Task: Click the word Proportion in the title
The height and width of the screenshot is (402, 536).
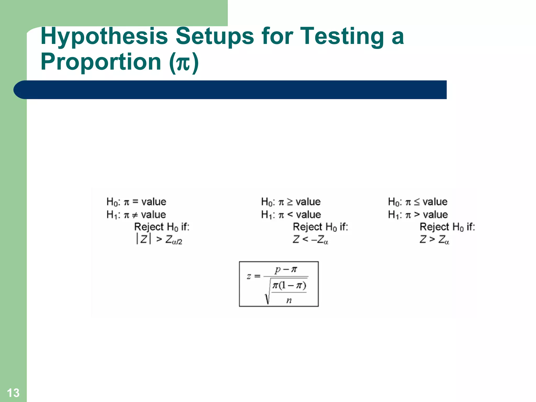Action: coord(101,62)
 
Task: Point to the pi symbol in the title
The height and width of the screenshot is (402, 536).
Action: coord(183,63)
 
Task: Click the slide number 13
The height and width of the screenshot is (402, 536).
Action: coord(13,393)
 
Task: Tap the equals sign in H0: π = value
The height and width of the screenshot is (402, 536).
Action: coord(135,202)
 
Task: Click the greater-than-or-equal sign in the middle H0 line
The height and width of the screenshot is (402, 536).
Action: coord(290,202)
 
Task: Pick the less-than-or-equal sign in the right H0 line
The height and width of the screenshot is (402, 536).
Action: coord(417,202)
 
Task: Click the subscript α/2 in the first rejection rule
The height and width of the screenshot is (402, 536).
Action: coord(177,242)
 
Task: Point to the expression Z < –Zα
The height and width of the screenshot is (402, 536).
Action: coord(310,239)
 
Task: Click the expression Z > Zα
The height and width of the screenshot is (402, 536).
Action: coord(434,239)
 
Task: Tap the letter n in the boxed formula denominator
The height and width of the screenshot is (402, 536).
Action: coord(289,300)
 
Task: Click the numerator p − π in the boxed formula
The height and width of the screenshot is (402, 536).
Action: coord(286,269)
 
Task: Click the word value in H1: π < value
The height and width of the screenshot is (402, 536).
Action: coord(309,215)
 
